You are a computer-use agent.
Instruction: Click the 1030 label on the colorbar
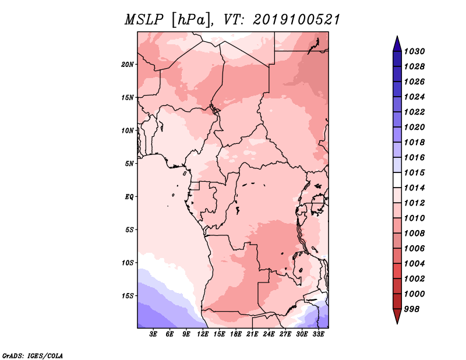(x=414, y=51)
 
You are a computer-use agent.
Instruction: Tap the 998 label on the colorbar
(x=412, y=309)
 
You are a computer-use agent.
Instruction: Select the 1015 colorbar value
(x=414, y=172)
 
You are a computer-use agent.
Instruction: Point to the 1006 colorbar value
(x=414, y=249)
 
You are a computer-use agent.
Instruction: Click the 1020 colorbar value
(x=414, y=127)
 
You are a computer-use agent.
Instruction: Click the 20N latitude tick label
(x=128, y=65)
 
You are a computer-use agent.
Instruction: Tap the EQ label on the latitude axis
(x=129, y=197)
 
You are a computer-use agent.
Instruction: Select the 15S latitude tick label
(x=128, y=296)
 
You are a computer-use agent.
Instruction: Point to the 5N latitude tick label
(x=129, y=164)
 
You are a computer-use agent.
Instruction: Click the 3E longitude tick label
(x=153, y=334)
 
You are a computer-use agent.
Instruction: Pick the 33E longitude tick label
(x=318, y=334)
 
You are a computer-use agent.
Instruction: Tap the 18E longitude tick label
(x=236, y=334)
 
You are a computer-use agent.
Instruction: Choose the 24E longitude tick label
(x=269, y=334)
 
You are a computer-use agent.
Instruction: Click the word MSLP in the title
(x=144, y=20)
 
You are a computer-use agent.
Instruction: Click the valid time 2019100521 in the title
(x=296, y=20)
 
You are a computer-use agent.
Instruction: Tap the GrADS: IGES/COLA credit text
(x=33, y=356)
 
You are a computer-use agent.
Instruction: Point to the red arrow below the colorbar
(x=397, y=315)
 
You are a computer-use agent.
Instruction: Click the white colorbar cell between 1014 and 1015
(x=397, y=180)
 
